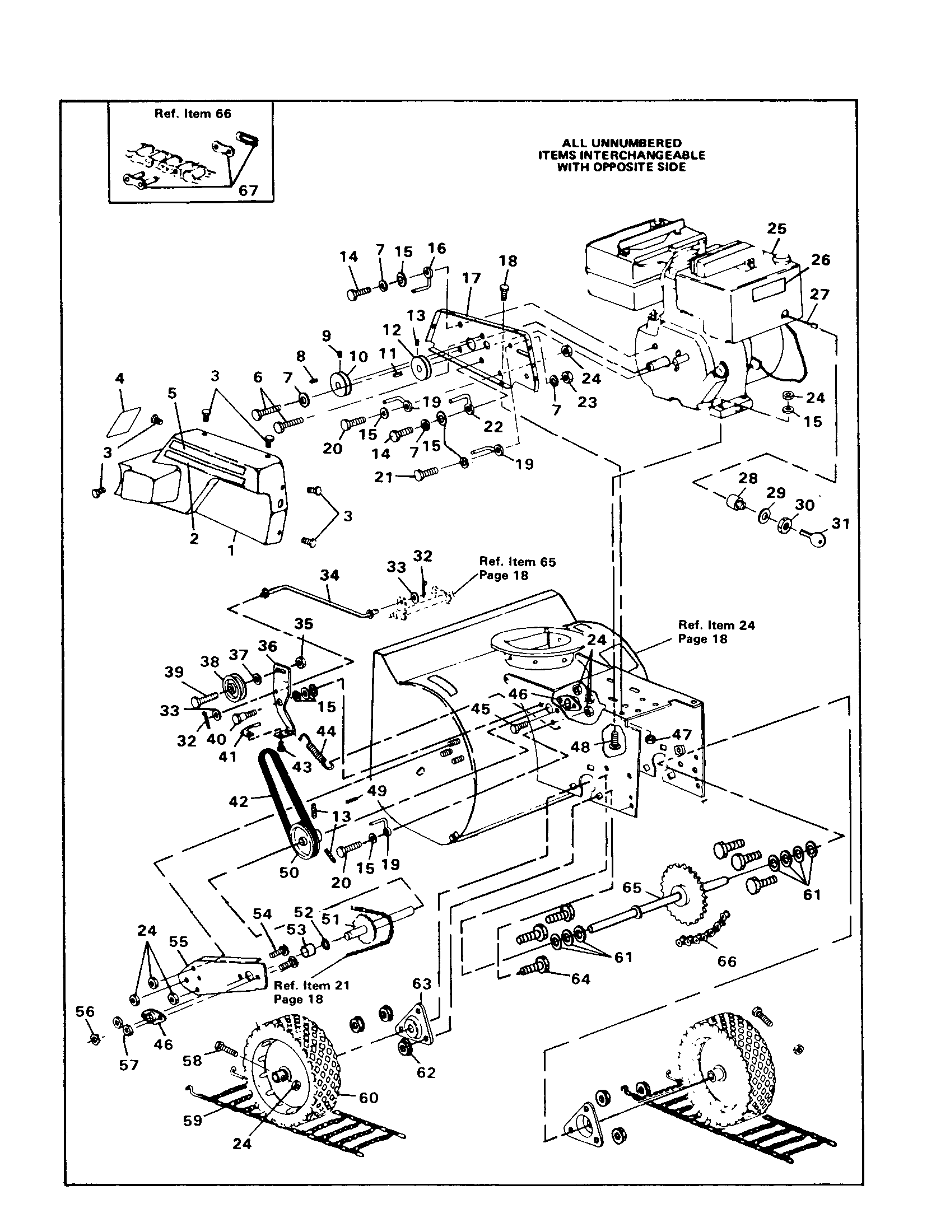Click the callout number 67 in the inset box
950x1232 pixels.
(248, 190)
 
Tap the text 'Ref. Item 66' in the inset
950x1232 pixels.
(192, 113)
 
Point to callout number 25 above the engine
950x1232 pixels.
(777, 228)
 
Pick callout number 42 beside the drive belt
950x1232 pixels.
(239, 801)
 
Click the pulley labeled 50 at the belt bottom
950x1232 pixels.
(303, 842)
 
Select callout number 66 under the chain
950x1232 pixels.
(727, 960)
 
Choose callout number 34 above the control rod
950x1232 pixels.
(330, 575)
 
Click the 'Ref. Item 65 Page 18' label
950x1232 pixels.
(518, 568)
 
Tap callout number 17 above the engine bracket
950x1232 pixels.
(471, 278)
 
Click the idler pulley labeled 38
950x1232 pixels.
(230, 685)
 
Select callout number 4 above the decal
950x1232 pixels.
(120, 378)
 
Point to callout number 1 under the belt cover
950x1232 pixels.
(231, 550)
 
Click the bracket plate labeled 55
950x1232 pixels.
(223, 974)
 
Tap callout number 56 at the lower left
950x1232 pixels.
(85, 1011)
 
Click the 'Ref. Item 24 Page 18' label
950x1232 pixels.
(716, 632)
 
